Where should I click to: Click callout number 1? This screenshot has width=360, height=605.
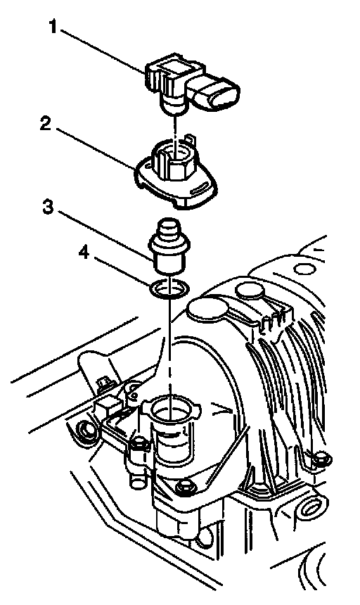53,27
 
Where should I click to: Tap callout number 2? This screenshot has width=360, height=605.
46,124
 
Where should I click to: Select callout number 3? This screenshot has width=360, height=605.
47,208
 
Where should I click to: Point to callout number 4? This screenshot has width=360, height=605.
84,253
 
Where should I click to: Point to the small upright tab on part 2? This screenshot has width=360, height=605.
189,139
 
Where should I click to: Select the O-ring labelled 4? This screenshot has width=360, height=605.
170,288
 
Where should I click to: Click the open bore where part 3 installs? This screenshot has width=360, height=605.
170,408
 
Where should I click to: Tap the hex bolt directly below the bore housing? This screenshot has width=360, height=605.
184,487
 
